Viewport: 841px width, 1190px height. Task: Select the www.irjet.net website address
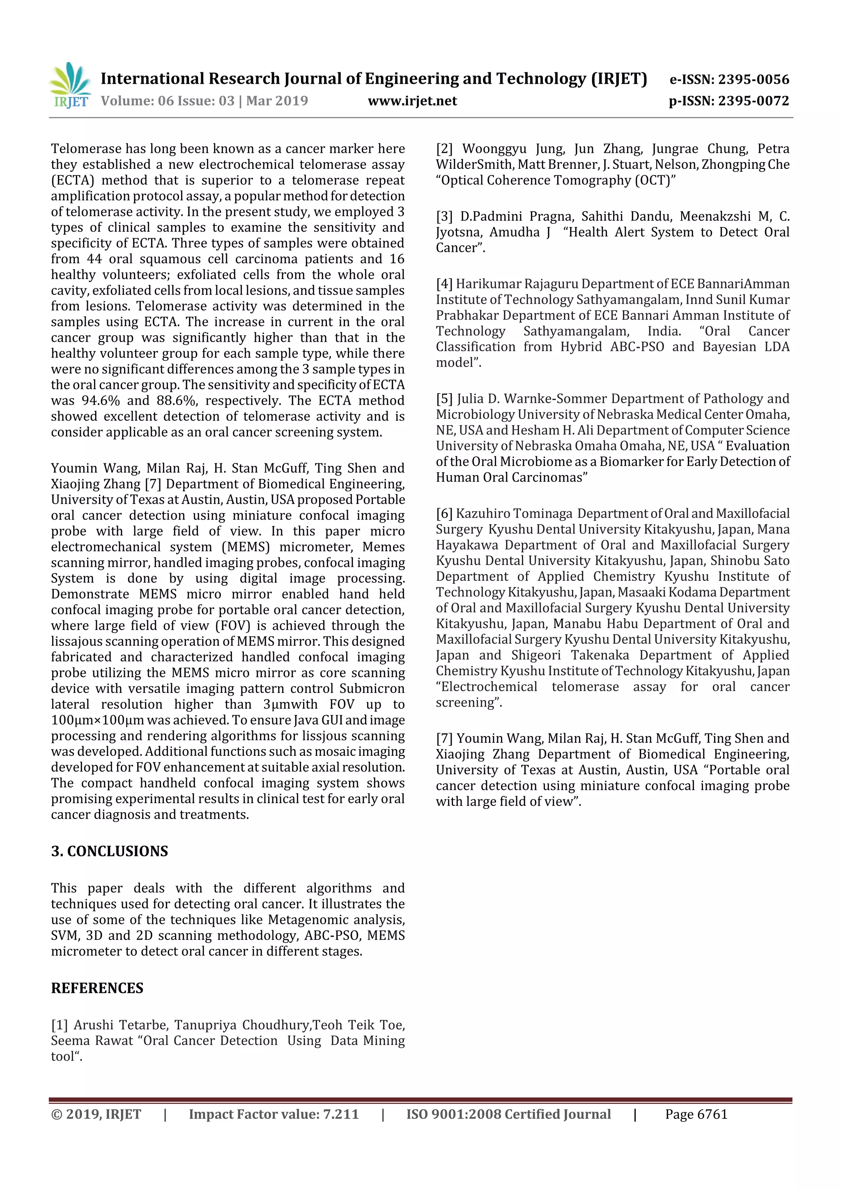pos(412,101)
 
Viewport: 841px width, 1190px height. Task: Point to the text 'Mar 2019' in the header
pos(277,101)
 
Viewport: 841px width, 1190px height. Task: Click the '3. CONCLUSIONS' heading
pos(109,852)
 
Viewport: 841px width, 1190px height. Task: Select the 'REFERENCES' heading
pos(97,988)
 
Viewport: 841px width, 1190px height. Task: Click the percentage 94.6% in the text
pos(101,401)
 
